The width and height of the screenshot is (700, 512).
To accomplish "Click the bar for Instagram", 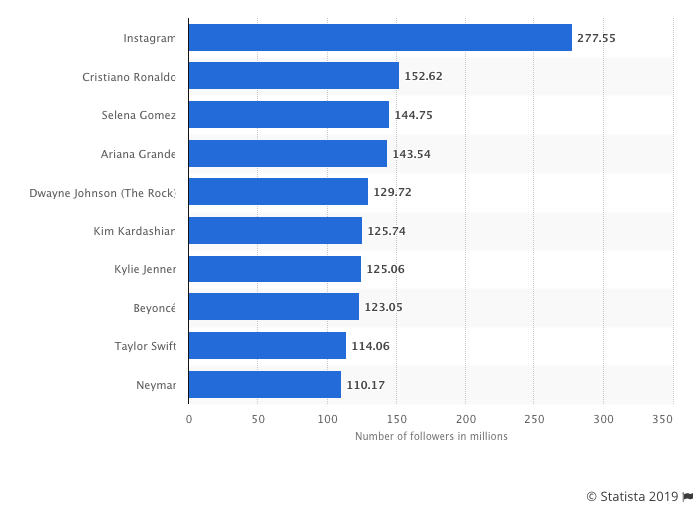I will [380, 38].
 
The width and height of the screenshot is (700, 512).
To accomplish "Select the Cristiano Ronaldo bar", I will [293, 76].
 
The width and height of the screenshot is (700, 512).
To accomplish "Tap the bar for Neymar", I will [264, 384].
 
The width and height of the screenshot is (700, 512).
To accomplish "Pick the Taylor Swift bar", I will [267, 346].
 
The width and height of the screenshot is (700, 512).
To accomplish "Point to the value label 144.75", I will [413, 115].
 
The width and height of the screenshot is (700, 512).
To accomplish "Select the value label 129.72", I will [392, 192].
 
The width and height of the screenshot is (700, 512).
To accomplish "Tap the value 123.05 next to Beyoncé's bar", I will [383, 307].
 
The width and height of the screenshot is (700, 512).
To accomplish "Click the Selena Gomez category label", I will [139, 115].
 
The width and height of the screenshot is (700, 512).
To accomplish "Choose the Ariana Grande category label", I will [139, 154].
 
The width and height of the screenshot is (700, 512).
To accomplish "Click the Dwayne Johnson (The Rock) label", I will [104, 192].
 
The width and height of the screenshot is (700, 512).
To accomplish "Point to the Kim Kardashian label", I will [134, 231].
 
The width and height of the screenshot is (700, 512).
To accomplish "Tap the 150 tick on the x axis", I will [397, 420].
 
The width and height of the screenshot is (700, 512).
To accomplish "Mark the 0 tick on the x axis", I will [189, 420].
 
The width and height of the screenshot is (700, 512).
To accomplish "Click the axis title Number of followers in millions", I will [431, 436].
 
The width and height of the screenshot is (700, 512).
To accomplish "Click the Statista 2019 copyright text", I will [632, 496].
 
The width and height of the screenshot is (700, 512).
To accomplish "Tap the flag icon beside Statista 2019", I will [688, 496].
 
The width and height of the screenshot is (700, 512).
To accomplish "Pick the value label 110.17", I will [366, 384].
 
